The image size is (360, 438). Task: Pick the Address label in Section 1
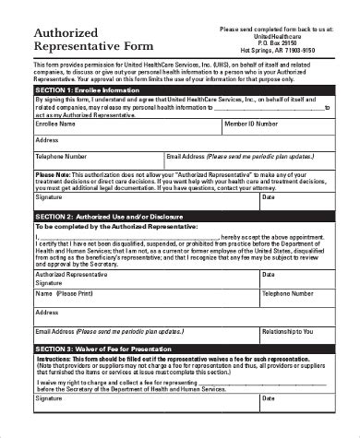(x=47, y=139)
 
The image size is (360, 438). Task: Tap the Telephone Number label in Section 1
(x=62, y=157)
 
